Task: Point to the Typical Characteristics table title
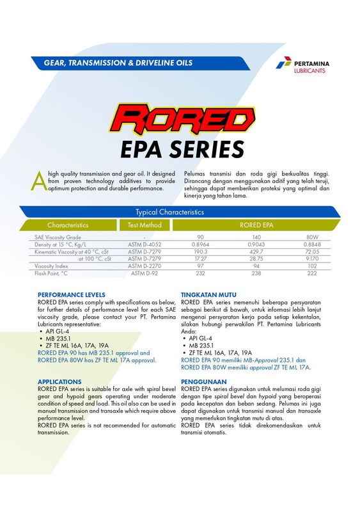click(169, 212)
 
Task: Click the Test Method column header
click(144, 225)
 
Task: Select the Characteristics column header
click(68, 225)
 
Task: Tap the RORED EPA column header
click(256, 225)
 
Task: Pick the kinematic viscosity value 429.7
click(256, 252)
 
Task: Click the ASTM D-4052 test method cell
click(144, 244)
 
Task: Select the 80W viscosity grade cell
click(312, 237)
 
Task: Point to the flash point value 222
click(312, 273)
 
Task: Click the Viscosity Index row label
click(52, 266)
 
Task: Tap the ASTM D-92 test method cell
click(144, 273)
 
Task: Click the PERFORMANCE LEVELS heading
click(72, 295)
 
